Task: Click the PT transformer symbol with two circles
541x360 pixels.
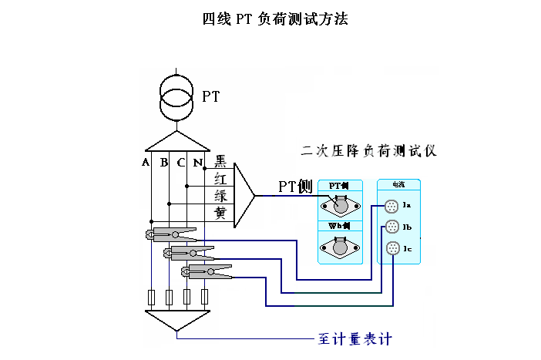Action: [176, 93]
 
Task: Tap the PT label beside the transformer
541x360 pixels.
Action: [210, 96]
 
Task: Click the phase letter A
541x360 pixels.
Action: [145, 163]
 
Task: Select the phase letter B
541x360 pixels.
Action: [163, 163]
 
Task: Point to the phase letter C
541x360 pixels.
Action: [180, 163]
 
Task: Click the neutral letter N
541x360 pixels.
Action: [197, 163]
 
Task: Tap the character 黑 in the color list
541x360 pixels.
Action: [220, 161]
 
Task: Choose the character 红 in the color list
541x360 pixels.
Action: [220, 178]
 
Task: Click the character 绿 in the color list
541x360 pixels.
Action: [220, 196]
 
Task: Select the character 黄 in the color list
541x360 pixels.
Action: [220, 213]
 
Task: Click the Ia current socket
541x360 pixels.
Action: [391, 206]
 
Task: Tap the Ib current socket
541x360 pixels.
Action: [391, 227]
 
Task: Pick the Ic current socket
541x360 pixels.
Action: [391, 247]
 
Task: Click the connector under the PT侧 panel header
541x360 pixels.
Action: [340, 206]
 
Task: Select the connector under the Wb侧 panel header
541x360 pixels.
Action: [340, 247]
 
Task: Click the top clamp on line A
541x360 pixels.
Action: [172, 234]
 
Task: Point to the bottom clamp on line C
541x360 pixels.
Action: [207, 270]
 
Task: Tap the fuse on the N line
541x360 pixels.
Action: [204, 297]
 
